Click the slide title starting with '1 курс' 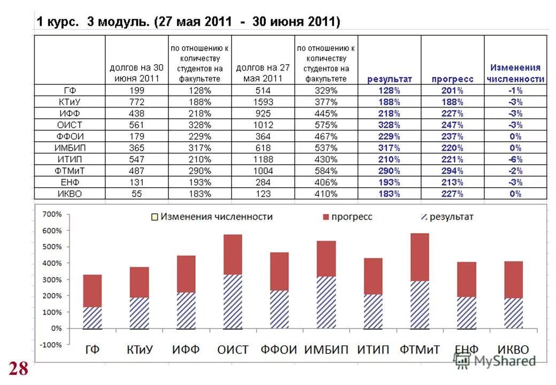click(x=188, y=22)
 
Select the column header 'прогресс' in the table click(x=452, y=79)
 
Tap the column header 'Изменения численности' click(x=515, y=73)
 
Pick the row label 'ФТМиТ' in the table click(x=69, y=171)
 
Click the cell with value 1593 click(x=263, y=102)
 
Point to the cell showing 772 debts click(x=136, y=102)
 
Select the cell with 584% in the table click(x=326, y=171)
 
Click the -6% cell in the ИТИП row click(x=515, y=159)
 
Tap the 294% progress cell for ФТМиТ click(x=452, y=171)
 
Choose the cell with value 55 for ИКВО click(x=136, y=194)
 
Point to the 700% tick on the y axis click(x=52, y=214)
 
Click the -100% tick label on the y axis click(x=51, y=345)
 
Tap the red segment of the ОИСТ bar click(x=233, y=255)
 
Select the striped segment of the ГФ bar click(x=92, y=318)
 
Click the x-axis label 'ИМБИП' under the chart click(x=326, y=350)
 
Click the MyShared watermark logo click(x=495, y=361)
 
